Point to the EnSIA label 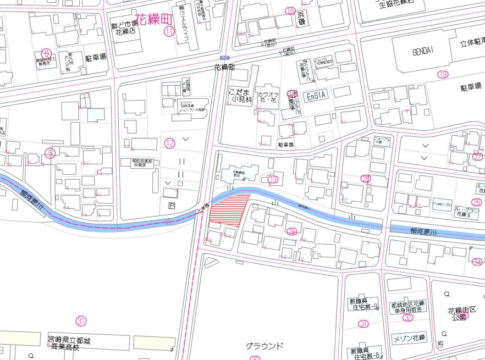[x=316, y=96]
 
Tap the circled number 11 [x=169, y=31]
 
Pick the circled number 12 [x=169, y=143]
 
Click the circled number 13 [x=273, y=180]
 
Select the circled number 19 [x=443, y=75]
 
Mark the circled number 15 [x=290, y=10]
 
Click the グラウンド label [x=264, y=346]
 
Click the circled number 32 [x=407, y=318]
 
